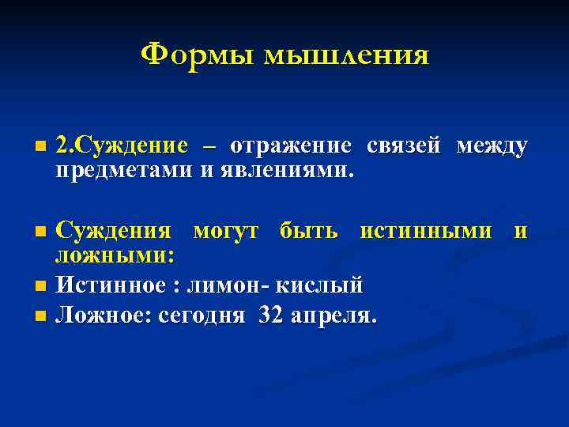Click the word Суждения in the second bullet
click(115, 230)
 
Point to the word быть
click(309, 230)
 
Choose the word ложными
click(115, 255)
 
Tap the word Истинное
click(111, 284)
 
